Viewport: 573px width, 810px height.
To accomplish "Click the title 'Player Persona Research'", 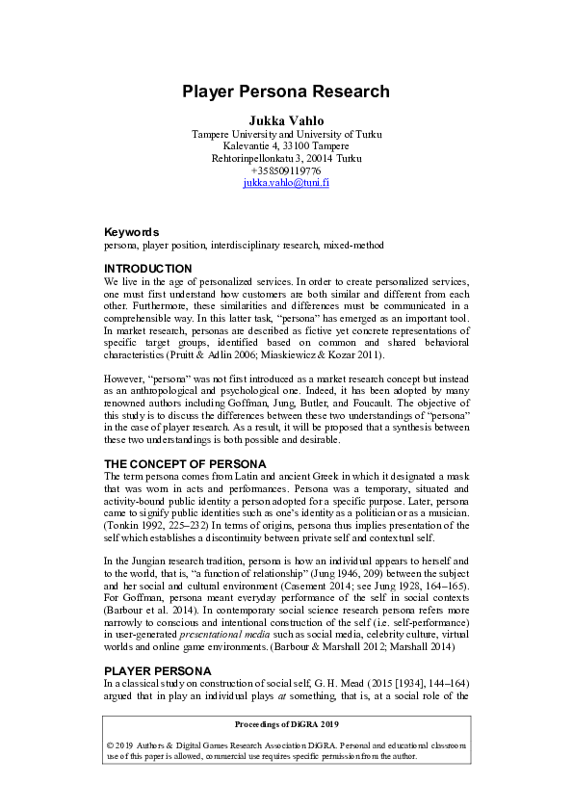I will coord(286,92).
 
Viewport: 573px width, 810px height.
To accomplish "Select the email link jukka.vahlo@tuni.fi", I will coord(286,182).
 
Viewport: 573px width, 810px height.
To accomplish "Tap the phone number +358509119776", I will coord(286,170).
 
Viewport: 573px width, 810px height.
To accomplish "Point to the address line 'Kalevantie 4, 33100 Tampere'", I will coord(286,144).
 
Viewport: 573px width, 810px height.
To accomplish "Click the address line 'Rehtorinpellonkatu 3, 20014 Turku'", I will coord(286,157).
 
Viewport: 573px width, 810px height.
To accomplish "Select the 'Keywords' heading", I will coord(132,232).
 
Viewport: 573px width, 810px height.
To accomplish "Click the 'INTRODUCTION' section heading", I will coord(147,268).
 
